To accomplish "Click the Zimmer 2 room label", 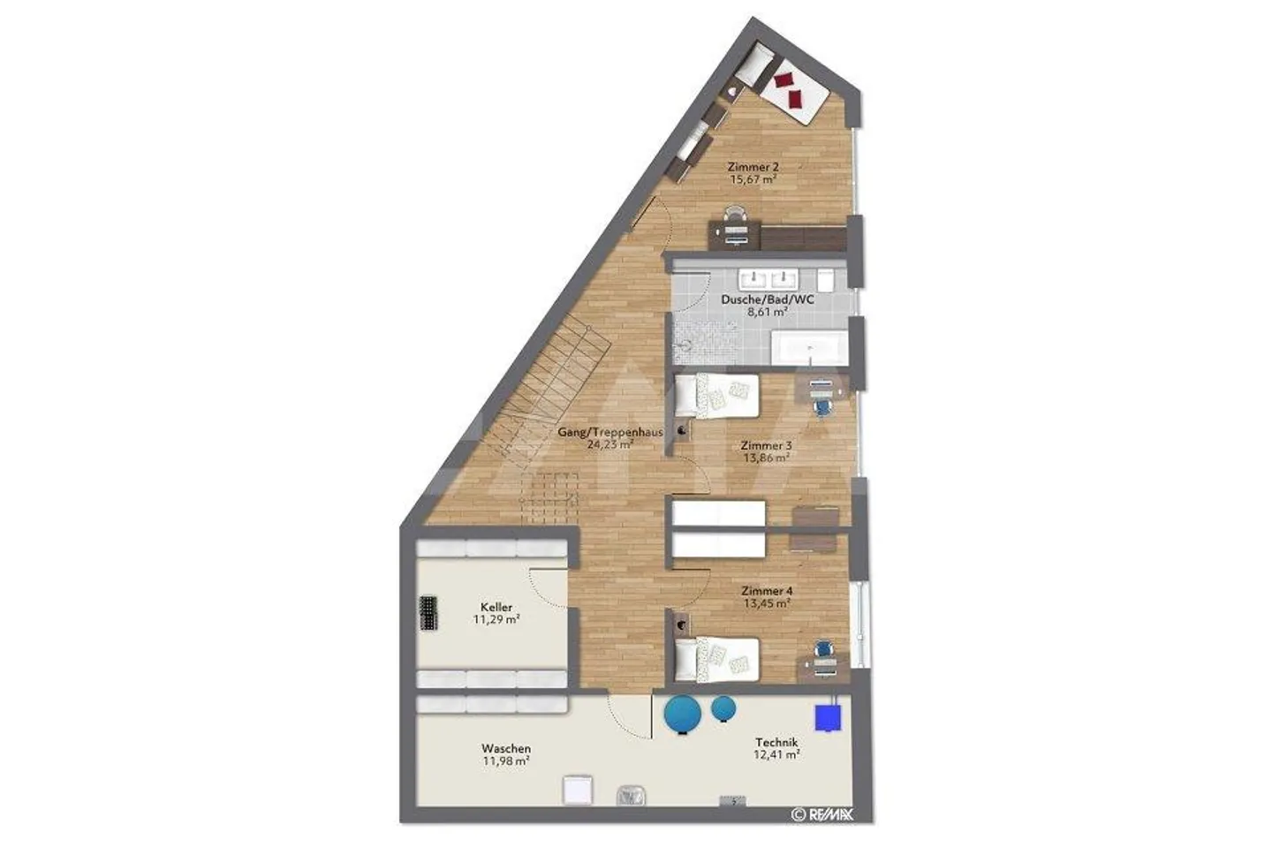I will point(753,166).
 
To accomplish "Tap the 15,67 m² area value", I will point(753,179).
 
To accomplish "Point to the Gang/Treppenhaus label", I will point(610,433).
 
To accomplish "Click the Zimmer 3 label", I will point(766,446).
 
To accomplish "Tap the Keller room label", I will point(496,608).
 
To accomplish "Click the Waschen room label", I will point(506,748).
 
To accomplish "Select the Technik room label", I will point(776,743).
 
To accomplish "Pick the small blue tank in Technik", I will point(723,707).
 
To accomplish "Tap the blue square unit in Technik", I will point(829,716).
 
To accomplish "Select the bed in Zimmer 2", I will point(791,88).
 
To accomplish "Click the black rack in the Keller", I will point(429,612).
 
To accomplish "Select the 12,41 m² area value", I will point(776,755).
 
